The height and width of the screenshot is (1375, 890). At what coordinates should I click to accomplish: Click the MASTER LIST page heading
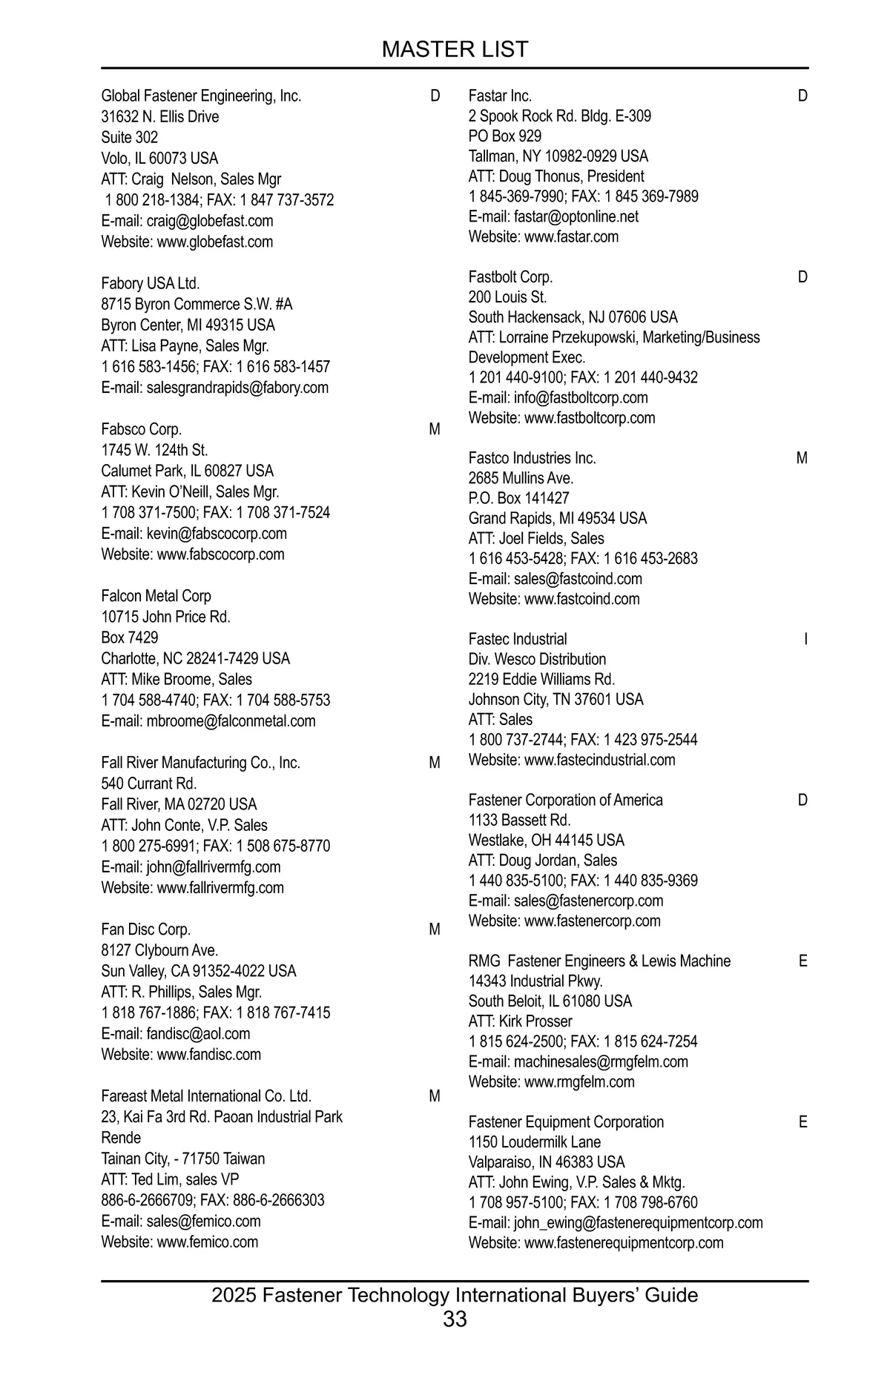455,50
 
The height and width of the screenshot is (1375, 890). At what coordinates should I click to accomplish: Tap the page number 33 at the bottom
455,1319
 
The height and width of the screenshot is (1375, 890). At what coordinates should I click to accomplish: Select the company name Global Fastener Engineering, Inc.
201,96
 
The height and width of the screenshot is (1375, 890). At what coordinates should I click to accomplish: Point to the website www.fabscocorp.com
220,554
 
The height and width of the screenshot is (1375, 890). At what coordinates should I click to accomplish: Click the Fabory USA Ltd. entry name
151,283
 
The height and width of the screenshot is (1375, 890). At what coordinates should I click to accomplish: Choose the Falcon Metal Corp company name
156,596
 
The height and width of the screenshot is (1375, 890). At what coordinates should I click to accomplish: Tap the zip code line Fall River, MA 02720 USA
179,804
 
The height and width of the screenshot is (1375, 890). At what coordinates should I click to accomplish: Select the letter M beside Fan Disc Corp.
435,930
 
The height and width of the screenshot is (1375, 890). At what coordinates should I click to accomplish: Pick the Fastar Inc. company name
500,96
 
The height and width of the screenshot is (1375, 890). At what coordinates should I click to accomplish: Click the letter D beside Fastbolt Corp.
802,277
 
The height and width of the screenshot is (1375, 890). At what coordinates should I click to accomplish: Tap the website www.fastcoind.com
581,599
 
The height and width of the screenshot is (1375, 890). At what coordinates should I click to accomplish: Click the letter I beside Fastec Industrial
805,639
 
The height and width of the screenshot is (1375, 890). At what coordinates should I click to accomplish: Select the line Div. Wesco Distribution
537,659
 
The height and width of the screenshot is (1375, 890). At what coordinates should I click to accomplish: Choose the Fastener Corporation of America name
565,800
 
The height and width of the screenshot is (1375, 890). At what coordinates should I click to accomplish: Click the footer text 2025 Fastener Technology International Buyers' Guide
455,1295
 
